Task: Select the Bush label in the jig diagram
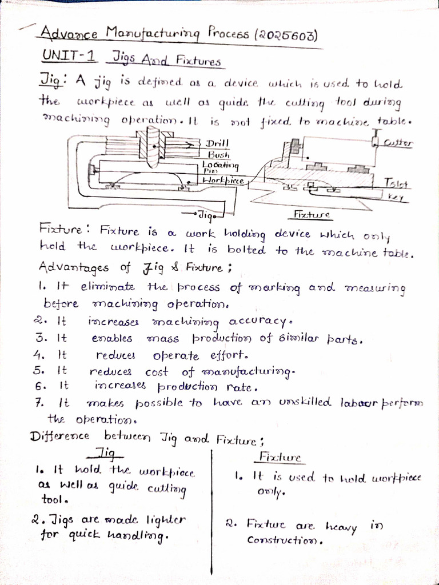click(x=218, y=154)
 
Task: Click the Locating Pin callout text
click(x=220, y=166)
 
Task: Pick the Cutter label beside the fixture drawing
click(x=398, y=142)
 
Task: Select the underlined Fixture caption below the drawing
click(x=312, y=215)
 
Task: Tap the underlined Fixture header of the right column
click(x=280, y=458)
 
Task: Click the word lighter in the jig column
click(x=165, y=520)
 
